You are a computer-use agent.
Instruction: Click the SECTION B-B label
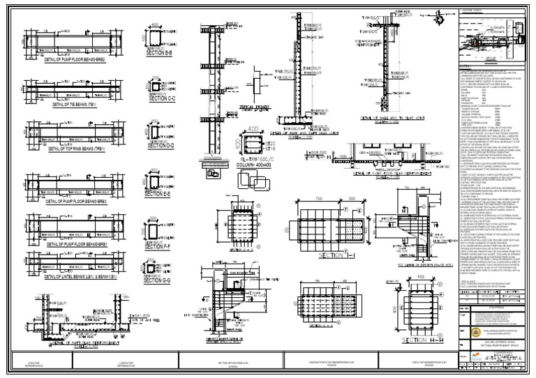pos(160,53)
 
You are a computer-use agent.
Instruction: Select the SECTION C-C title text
pos(162,99)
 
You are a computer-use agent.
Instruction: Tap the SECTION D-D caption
pos(161,146)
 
